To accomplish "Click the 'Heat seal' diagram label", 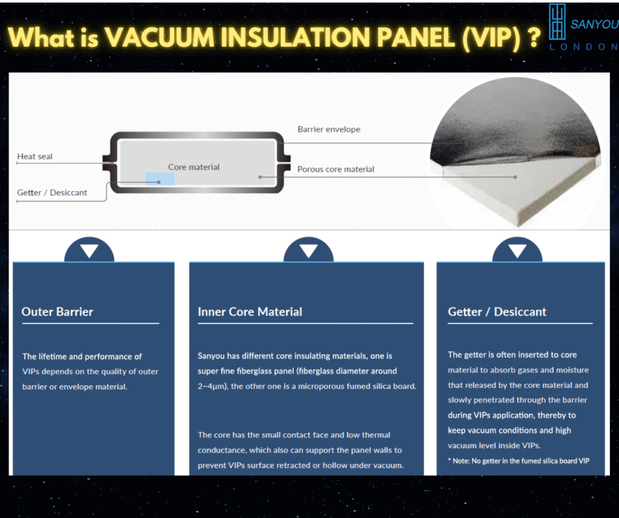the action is (x=34, y=157).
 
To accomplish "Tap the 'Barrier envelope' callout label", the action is (x=329, y=129).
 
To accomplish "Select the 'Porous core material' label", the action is (x=335, y=169).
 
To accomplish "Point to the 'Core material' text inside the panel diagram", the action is (x=194, y=167).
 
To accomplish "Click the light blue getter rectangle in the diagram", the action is (x=160, y=179).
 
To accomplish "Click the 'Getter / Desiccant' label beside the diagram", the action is (x=52, y=192).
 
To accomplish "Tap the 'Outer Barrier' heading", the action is (x=57, y=312).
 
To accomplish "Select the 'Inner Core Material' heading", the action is (x=250, y=312).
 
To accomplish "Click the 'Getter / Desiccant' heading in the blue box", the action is (x=497, y=312).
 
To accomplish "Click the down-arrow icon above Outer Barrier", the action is (x=89, y=250).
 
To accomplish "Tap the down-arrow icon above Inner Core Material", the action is (x=309, y=250).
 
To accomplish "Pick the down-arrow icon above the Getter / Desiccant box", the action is (x=517, y=250).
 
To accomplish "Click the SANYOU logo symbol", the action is (x=557, y=22).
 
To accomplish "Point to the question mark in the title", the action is (x=534, y=38).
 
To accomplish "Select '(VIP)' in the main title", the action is (x=491, y=39).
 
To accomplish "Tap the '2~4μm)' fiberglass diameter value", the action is (x=213, y=387).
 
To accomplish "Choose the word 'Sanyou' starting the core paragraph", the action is (x=211, y=356).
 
